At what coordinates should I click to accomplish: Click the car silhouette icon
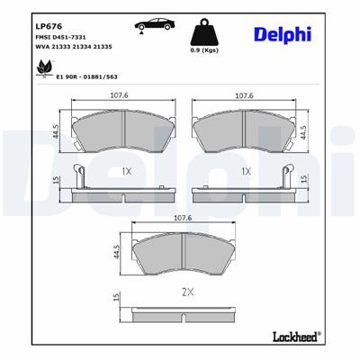pos(151,25)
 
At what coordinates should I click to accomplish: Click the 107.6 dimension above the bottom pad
pos(183,218)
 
